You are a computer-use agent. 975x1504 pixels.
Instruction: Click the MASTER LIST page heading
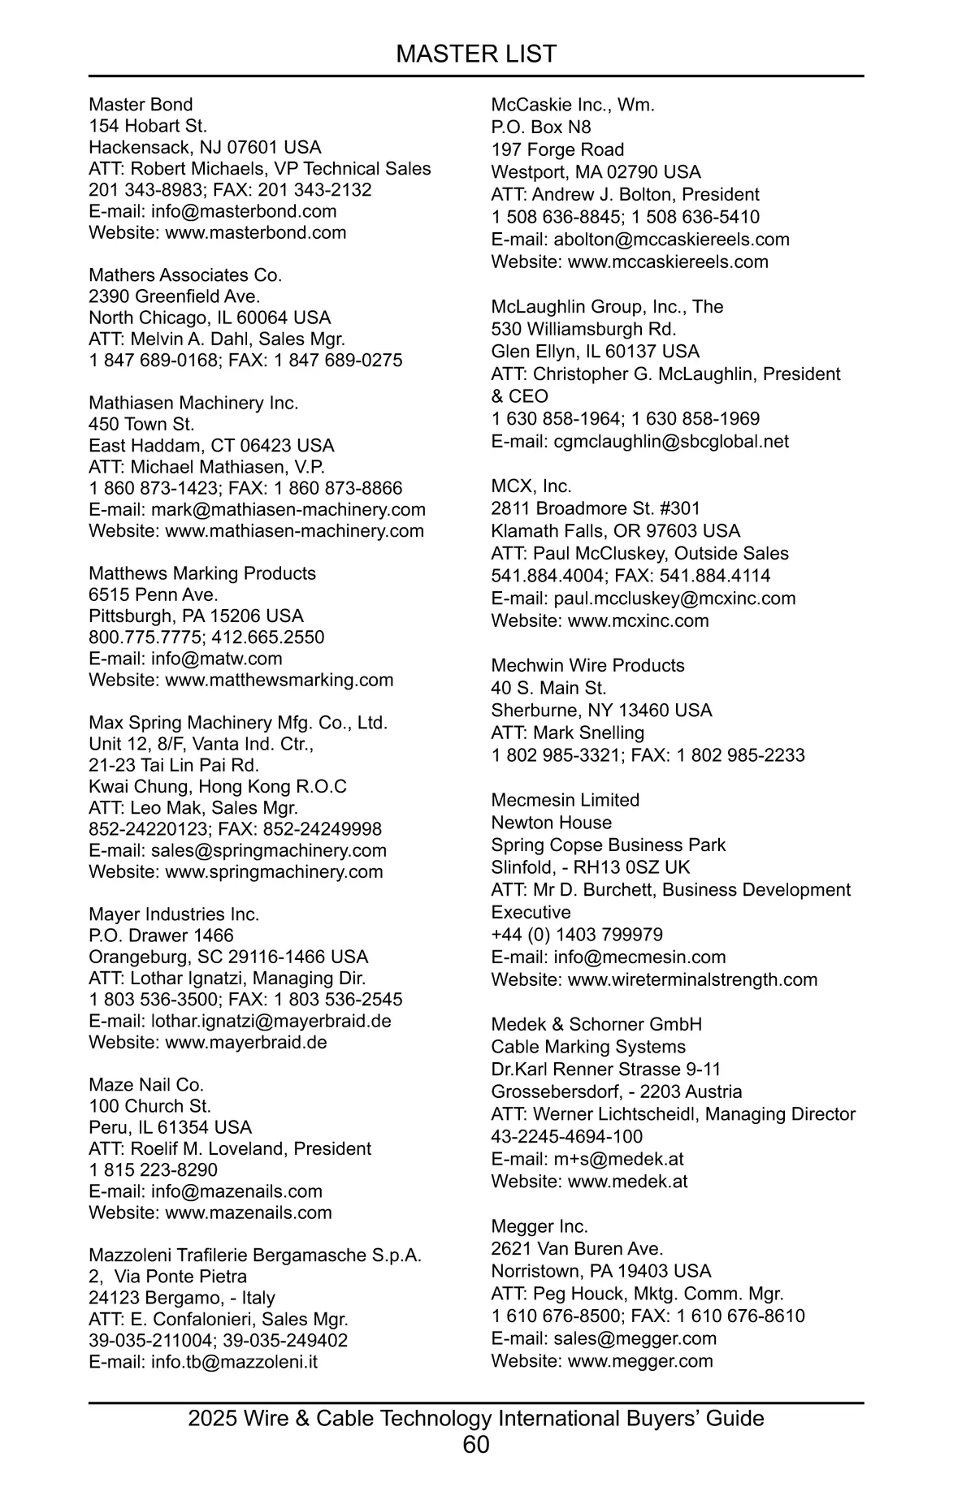pyautogui.click(x=476, y=54)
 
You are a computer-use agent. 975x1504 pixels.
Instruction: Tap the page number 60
pyautogui.click(x=476, y=1445)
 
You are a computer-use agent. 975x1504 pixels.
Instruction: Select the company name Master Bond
pyautogui.click(x=141, y=105)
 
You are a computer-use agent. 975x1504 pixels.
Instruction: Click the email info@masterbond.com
pyautogui.click(x=244, y=211)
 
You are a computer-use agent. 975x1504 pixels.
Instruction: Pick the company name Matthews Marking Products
pyautogui.click(x=202, y=573)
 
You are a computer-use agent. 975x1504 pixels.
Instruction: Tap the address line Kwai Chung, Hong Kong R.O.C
pyautogui.click(x=218, y=786)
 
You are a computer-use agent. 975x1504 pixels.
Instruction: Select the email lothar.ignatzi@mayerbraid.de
pyautogui.click(x=271, y=1021)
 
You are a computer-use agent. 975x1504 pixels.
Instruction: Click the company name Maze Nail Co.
pyautogui.click(x=146, y=1085)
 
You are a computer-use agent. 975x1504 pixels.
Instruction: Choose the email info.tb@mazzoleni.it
pyautogui.click(x=234, y=1362)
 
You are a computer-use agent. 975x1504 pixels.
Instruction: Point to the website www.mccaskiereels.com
pyautogui.click(x=668, y=261)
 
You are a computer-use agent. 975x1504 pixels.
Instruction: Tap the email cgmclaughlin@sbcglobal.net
pyautogui.click(x=671, y=442)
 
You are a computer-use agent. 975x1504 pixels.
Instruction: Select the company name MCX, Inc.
pyautogui.click(x=531, y=486)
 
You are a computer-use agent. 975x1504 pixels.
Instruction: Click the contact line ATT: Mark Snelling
pyautogui.click(x=568, y=733)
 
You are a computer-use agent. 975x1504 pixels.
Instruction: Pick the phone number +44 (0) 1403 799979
pyautogui.click(x=577, y=935)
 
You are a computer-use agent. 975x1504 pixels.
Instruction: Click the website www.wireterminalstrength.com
pyautogui.click(x=692, y=979)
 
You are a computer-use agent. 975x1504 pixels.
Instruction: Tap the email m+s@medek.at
pyautogui.click(x=618, y=1159)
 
